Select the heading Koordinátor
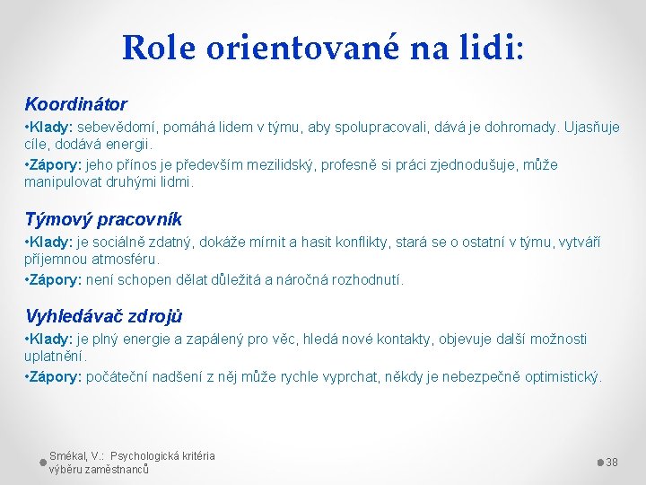(75, 104)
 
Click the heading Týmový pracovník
(103, 219)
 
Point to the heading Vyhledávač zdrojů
(104, 316)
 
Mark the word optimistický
(559, 376)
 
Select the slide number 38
(612, 462)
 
